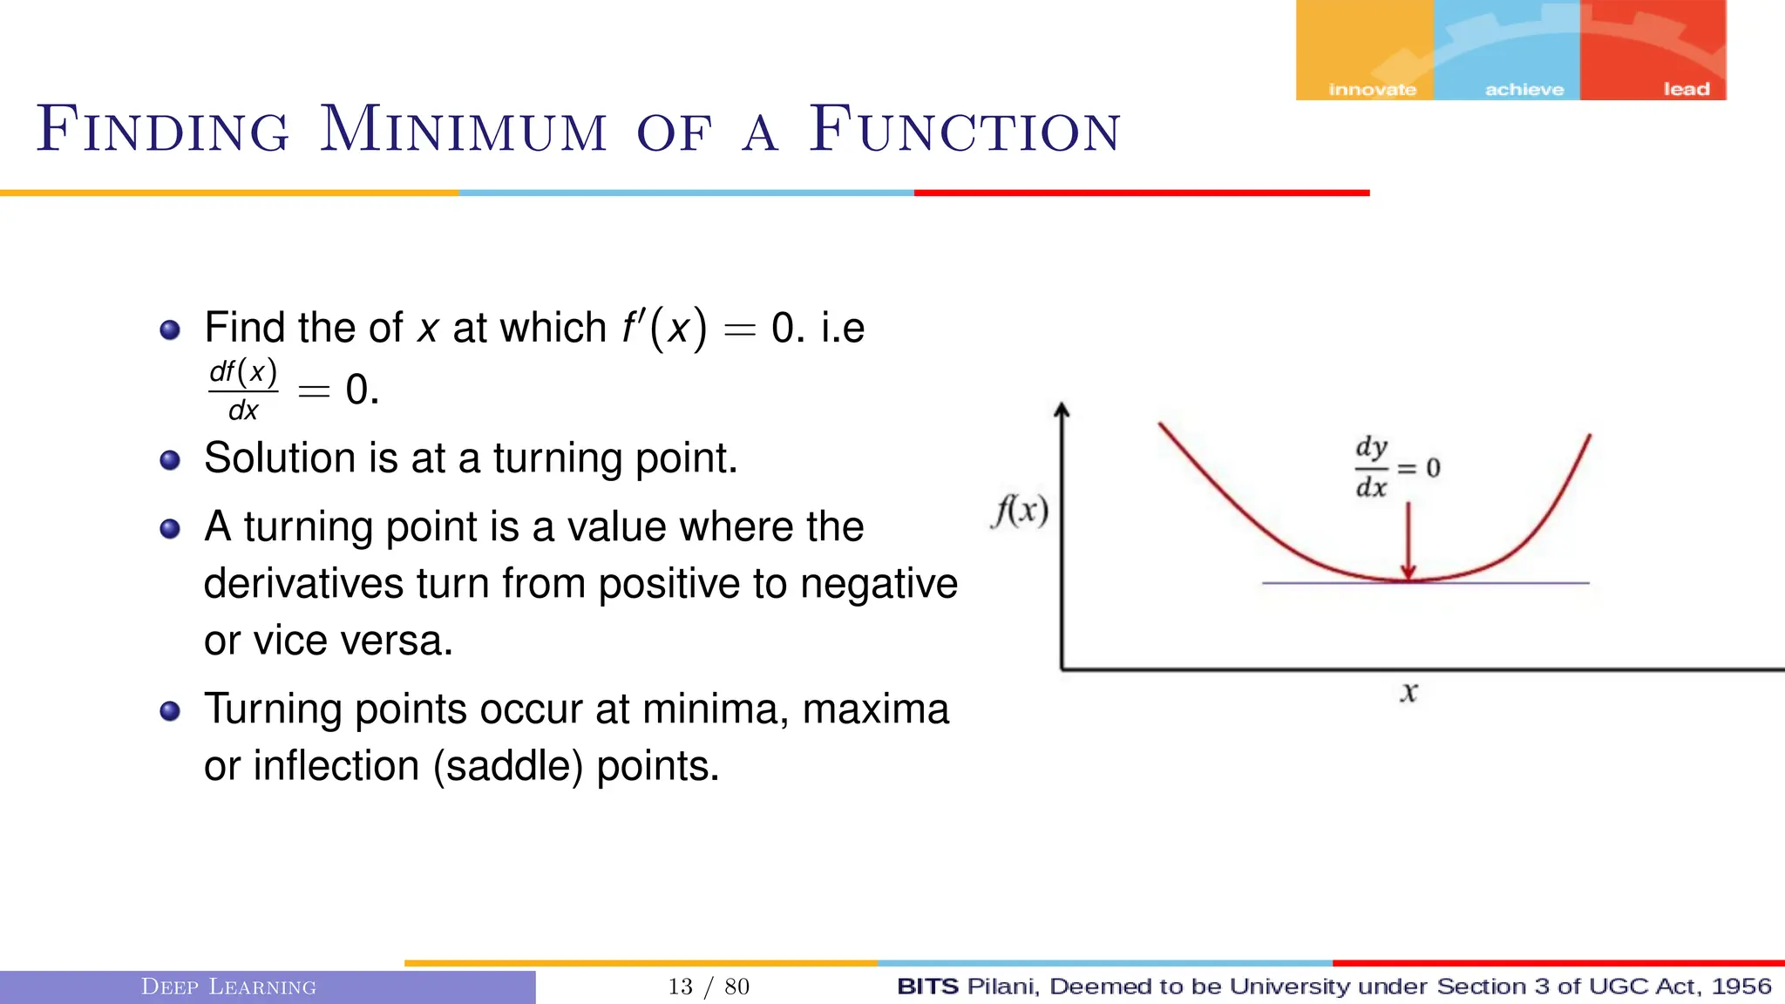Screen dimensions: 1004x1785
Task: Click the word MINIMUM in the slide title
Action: tap(463, 131)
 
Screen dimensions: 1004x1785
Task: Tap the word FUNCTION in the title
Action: tap(964, 131)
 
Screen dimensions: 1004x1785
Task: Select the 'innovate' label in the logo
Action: tap(1372, 89)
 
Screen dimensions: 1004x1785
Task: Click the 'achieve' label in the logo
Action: tap(1524, 89)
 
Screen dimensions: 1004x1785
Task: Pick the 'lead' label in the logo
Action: tap(1687, 89)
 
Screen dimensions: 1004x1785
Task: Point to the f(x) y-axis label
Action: tap(1020, 511)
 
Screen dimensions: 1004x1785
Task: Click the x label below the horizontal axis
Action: tap(1408, 693)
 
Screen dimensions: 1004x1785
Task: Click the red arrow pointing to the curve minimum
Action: tap(1408, 540)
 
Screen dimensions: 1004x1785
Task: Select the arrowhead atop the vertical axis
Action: tap(1062, 410)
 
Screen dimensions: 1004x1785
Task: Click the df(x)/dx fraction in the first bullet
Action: tap(243, 390)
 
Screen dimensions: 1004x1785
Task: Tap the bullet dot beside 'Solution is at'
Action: tap(170, 460)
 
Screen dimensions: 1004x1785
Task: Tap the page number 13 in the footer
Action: tap(680, 987)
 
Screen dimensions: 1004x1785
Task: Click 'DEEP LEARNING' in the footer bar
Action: tap(228, 987)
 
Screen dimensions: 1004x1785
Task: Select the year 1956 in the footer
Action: tap(1741, 987)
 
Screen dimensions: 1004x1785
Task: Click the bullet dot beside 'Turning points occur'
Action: tap(170, 711)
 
